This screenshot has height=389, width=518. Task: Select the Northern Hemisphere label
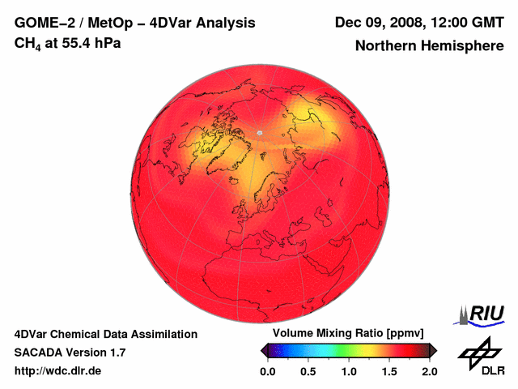click(x=430, y=45)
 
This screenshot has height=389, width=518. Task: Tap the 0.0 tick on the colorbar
click(x=267, y=371)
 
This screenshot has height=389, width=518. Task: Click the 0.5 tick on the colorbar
click(x=308, y=371)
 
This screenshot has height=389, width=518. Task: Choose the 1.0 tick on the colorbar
click(x=349, y=371)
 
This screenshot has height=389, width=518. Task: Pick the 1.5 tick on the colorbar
click(x=389, y=371)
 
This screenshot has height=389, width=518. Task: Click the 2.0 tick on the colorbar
click(x=429, y=371)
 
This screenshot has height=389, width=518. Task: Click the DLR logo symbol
click(x=478, y=350)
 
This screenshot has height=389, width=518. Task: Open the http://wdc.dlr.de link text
click(x=58, y=371)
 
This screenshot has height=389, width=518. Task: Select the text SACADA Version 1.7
click(x=70, y=353)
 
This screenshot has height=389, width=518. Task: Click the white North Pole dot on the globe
click(x=259, y=132)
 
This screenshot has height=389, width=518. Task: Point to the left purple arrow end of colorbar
click(x=265, y=350)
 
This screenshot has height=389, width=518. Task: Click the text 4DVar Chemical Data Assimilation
click(x=105, y=334)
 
